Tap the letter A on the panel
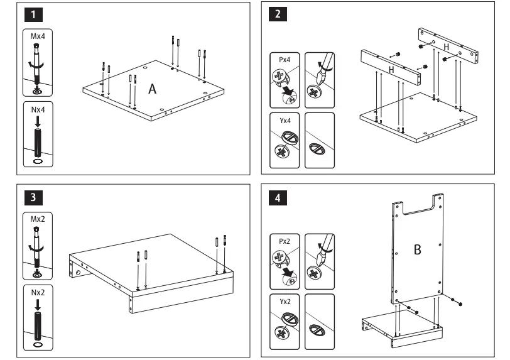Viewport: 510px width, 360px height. [x=152, y=90]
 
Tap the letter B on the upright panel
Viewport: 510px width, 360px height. [x=416, y=250]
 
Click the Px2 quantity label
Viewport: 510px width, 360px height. [x=284, y=240]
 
